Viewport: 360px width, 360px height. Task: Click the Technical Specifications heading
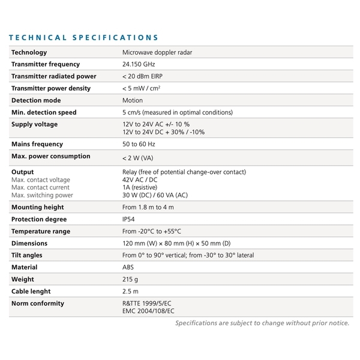[x=84, y=38]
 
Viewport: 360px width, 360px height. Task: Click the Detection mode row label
[x=36, y=100]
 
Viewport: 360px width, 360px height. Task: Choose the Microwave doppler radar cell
[x=157, y=52]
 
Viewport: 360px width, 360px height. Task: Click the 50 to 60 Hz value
[x=139, y=144]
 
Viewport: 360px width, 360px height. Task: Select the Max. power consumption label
[x=51, y=156]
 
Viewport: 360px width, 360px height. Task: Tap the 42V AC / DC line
[x=140, y=179]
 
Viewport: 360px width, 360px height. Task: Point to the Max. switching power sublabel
[x=42, y=195]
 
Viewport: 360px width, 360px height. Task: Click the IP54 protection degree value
[x=129, y=219]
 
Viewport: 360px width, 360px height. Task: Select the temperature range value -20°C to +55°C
[x=151, y=231]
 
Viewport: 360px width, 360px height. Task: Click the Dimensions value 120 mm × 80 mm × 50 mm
[x=176, y=243]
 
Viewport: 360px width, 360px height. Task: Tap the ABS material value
[x=128, y=267]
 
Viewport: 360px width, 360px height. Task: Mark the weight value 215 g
[x=130, y=279]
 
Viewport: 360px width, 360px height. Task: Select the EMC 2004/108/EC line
[x=148, y=311]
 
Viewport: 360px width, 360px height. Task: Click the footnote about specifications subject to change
[x=262, y=323]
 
